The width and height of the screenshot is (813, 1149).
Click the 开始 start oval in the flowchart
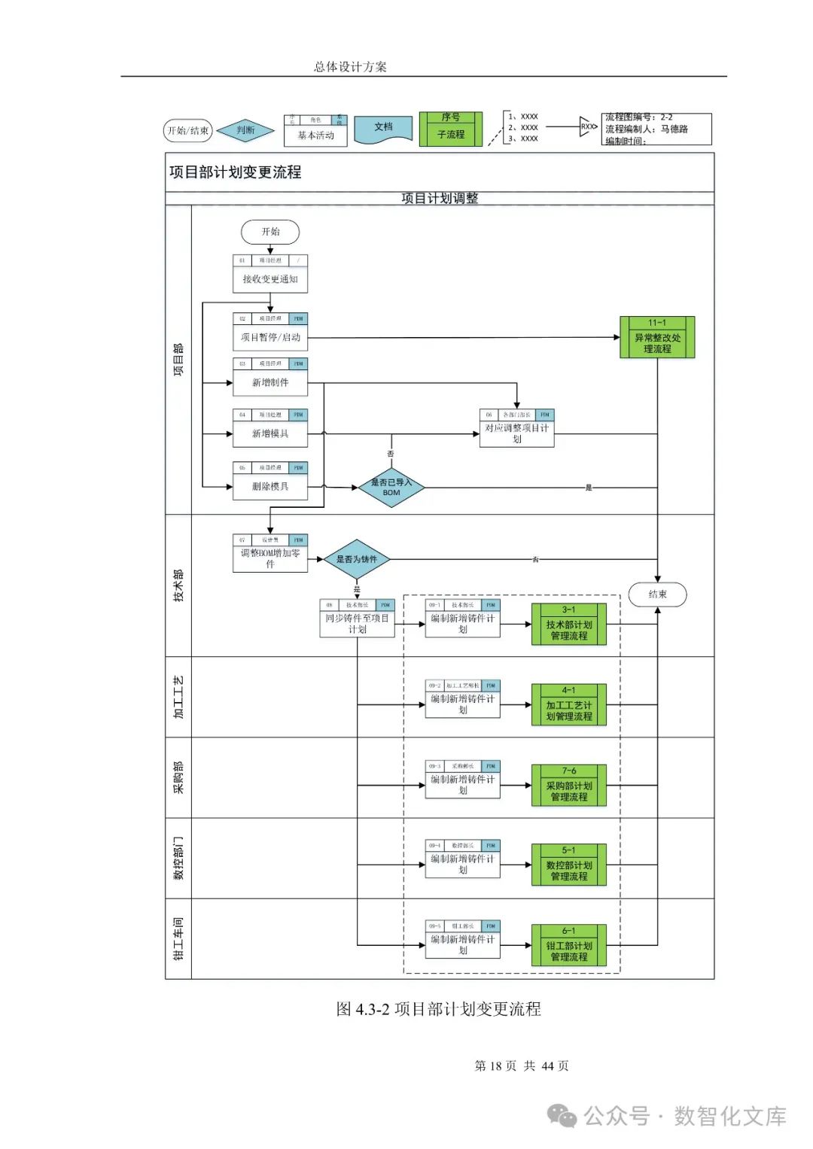pyautogui.click(x=270, y=232)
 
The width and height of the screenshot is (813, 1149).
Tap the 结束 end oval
pyautogui.click(x=657, y=594)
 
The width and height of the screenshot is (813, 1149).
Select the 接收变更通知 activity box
pyautogui.click(x=270, y=279)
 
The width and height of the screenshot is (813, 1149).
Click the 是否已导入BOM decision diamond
pyautogui.click(x=391, y=488)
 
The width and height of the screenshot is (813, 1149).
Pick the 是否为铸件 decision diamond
pyautogui.click(x=357, y=559)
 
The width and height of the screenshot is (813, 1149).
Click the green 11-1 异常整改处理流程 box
pyautogui.click(x=657, y=337)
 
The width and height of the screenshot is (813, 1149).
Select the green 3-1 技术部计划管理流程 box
pyautogui.click(x=569, y=625)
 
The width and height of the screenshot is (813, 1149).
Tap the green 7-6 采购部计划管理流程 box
pyautogui.click(x=569, y=786)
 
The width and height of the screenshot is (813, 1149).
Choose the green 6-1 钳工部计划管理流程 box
pyautogui.click(x=569, y=946)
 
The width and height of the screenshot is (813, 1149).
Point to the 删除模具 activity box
pyautogui.click(x=270, y=486)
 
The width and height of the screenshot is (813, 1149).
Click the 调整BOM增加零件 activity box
pyautogui.click(x=270, y=558)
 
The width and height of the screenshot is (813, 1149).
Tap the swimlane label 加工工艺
pyautogui.click(x=178, y=697)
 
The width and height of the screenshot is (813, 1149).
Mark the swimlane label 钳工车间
pyautogui.click(x=178, y=938)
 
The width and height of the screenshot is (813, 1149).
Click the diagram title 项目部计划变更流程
pyautogui.click(x=236, y=172)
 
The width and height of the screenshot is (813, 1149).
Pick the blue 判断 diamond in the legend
pyautogui.click(x=245, y=131)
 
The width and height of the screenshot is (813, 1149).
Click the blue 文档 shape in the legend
pyautogui.click(x=383, y=128)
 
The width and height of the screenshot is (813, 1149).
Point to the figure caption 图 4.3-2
pyautogui.click(x=438, y=1009)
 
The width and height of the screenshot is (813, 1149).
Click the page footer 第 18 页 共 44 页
pyautogui.click(x=522, y=1065)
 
